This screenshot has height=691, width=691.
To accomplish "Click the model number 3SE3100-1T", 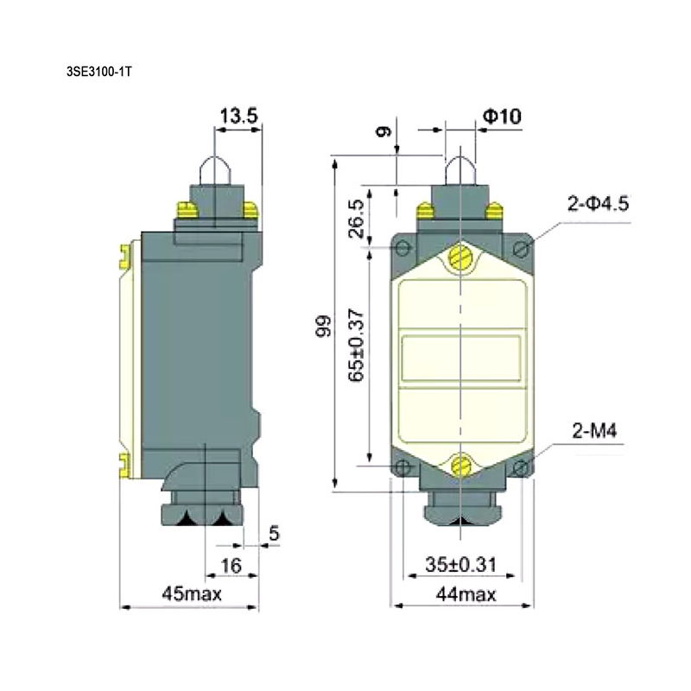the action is [98, 72].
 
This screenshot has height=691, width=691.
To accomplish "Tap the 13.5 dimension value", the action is [238, 116].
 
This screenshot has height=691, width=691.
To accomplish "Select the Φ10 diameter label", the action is [502, 117].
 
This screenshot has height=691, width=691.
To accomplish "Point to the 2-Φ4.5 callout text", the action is [598, 204].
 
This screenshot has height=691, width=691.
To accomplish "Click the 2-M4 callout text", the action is [594, 430].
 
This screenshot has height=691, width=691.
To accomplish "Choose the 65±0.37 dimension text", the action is [356, 345].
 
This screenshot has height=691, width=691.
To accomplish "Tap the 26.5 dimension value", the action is [356, 219].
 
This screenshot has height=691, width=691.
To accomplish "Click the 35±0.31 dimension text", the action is [460, 565].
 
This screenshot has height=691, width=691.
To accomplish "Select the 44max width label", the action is [466, 595].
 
